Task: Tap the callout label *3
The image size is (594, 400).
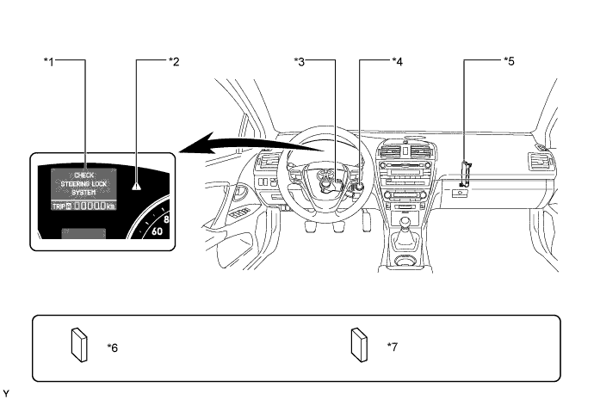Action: click(x=299, y=61)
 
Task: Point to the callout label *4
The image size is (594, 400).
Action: click(x=397, y=61)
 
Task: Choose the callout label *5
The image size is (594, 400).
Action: click(x=508, y=61)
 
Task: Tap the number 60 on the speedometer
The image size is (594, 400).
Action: click(x=158, y=232)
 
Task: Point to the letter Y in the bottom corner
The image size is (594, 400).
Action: click(x=6, y=394)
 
